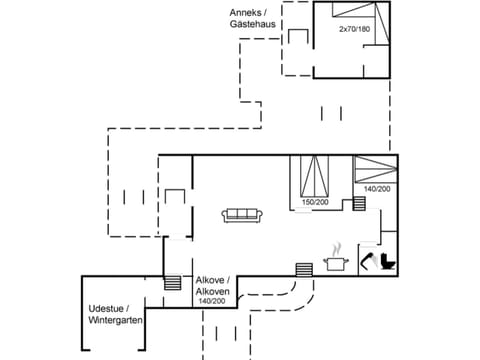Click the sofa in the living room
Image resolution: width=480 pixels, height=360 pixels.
(243, 215)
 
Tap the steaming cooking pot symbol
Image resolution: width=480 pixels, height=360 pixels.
(335, 260)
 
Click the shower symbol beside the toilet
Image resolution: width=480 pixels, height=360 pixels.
(366, 262)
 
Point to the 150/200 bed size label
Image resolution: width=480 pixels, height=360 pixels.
(315, 202)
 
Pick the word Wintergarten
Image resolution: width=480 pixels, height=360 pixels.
(115, 320)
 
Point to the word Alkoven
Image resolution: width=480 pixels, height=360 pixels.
(212, 291)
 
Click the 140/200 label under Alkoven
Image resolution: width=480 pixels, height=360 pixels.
(211, 301)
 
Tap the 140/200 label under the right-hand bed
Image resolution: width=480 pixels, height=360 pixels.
(377, 189)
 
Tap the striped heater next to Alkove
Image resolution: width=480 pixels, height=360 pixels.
(172, 283)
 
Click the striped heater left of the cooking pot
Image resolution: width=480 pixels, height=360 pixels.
(304, 268)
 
